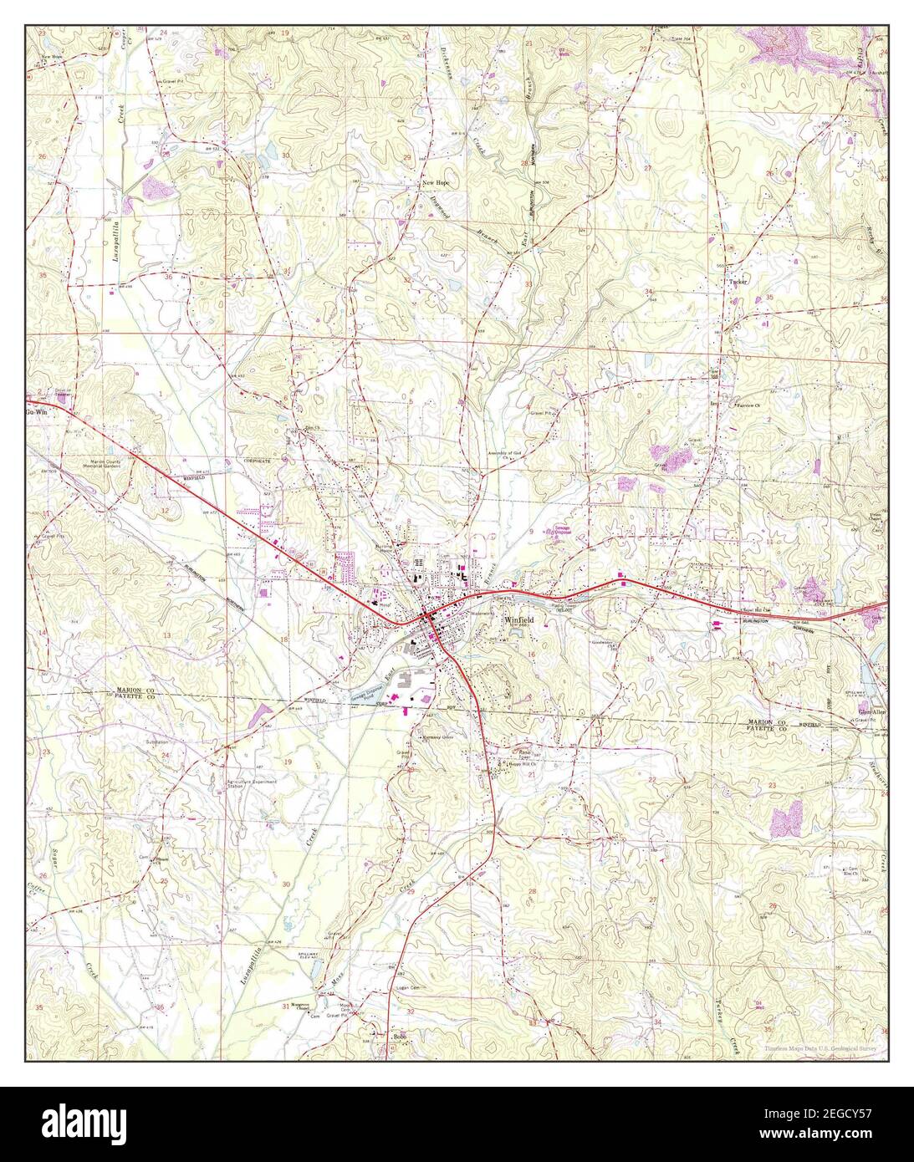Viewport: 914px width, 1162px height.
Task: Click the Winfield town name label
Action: (x=519, y=620)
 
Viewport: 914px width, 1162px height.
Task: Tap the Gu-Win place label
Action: (x=36, y=412)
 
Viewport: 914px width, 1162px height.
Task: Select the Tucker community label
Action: (x=738, y=283)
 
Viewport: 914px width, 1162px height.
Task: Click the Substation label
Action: (x=155, y=742)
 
